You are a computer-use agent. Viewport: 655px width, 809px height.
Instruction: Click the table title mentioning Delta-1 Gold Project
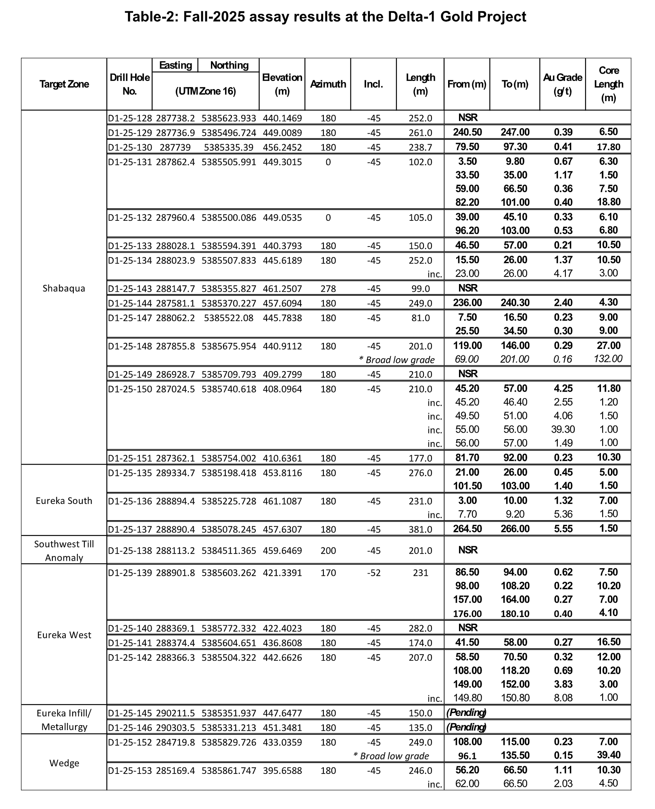pyautogui.click(x=325, y=17)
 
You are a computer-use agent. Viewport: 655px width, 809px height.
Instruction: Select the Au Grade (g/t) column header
pyautogui.click(x=562, y=84)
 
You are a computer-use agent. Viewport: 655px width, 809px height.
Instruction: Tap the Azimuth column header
pyautogui.click(x=328, y=84)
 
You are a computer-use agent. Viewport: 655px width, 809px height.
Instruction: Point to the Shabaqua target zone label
pyautogui.click(x=64, y=288)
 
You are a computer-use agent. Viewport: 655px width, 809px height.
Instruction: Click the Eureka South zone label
pyautogui.click(x=64, y=501)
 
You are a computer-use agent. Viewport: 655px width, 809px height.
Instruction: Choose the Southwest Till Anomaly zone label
pyautogui.click(x=64, y=551)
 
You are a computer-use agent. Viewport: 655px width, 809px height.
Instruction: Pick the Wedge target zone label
pyautogui.click(x=64, y=763)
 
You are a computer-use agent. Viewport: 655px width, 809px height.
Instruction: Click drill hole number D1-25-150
pyautogui.click(x=129, y=389)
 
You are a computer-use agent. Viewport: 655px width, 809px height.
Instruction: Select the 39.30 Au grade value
pyautogui.click(x=563, y=429)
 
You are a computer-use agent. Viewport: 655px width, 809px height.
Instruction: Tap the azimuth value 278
pyautogui.click(x=328, y=289)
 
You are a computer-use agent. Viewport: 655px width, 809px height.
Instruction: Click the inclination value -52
pyautogui.click(x=373, y=573)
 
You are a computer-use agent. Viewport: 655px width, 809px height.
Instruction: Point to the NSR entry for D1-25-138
pyautogui.click(x=468, y=550)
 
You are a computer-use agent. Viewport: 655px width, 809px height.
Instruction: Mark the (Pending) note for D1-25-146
pyautogui.click(x=466, y=727)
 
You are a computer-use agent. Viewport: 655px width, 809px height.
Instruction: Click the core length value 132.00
pyautogui.click(x=608, y=359)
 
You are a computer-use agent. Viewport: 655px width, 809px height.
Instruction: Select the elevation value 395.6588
pyautogui.click(x=282, y=771)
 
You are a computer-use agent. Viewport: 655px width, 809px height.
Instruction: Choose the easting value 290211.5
pyautogui.click(x=175, y=713)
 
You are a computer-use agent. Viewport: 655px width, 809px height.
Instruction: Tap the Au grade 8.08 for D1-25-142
pyautogui.click(x=563, y=698)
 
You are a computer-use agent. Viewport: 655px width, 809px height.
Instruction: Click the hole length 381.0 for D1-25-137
pyautogui.click(x=420, y=529)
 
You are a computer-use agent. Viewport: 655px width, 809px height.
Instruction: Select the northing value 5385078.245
pyautogui.click(x=229, y=529)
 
